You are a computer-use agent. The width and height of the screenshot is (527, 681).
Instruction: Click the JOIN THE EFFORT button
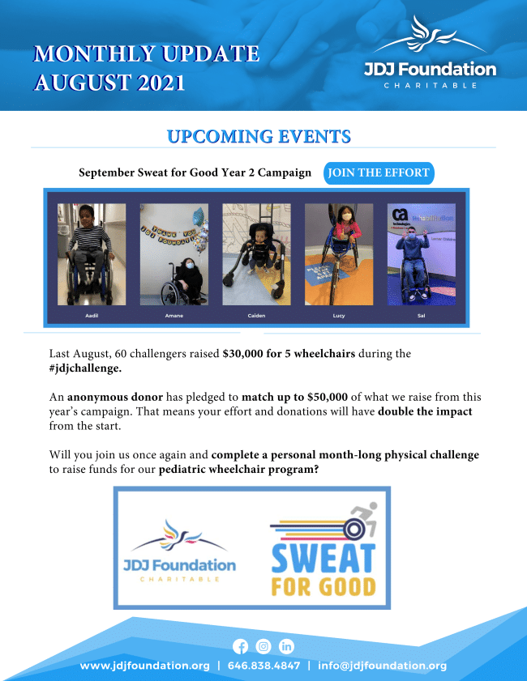(x=379, y=172)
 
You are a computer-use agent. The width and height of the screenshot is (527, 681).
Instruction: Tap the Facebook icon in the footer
(x=241, y=646)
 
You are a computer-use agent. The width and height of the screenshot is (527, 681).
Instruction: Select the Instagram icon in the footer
(x=263, y=646)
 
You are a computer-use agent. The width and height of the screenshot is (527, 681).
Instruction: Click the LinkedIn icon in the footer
(x=286, y=646)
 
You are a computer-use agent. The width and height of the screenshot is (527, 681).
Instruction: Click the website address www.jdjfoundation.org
(x=145, y=666)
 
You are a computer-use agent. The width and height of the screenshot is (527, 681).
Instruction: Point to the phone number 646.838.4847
(x=264, y=666)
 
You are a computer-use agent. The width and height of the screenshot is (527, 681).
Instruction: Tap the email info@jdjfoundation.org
(x=382, y=666)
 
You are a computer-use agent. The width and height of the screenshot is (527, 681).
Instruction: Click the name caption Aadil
(x=92, y=316)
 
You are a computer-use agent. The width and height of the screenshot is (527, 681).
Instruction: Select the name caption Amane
(x=174, y=316)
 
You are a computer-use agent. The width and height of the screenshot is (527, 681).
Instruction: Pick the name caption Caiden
(x=256, y=316)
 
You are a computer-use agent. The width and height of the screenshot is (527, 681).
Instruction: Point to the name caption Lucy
(x=339, y=316)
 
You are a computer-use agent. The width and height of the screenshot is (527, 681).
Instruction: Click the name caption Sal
(x=422, y=316)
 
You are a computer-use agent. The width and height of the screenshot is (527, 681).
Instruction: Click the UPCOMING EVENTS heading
(x=259, y=136)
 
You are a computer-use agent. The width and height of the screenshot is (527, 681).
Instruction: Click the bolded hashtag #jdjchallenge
(x=85, y=368)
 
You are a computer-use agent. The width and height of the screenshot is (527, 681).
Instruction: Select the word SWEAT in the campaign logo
(x=323, y=558)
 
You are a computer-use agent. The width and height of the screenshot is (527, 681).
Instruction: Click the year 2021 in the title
(x=161, y=83)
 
